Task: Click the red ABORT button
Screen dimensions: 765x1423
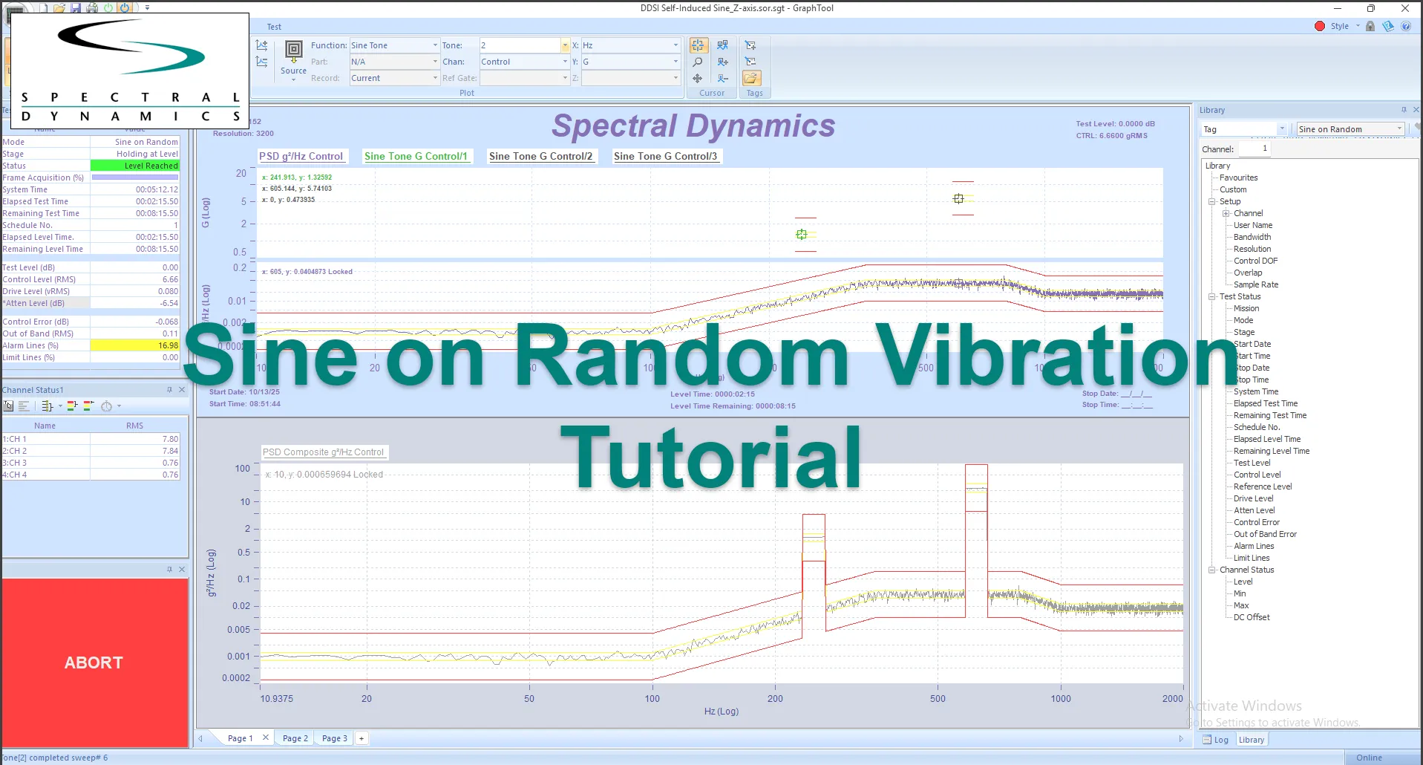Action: pyautogui.click(x=94, y=663)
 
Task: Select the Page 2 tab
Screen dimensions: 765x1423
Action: pyautogui.click(x=295, y=738)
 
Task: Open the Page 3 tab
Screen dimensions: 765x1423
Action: pyautogui.click(x=334, y=738)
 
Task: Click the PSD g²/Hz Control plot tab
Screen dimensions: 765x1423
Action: pyautogui.click(x=301, y=156)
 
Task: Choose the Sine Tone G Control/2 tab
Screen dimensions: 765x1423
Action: pyautogui.click(x=540, y=156)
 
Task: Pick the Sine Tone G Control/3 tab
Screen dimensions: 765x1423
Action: pyautogui.click(x=665, y=156)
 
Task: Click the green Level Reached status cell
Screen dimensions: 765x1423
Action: pyautogui.click(x=134, y=166)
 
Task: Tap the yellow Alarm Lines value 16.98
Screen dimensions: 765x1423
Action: pyautogui.click(x=134, y=345)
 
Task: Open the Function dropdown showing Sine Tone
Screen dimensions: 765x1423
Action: pyautogui.click(x=394, y=45)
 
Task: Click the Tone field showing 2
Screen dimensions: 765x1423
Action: pyautogui.click(x=520, y=45)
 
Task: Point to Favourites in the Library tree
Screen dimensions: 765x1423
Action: pyautogui.click(x=1238, y=178)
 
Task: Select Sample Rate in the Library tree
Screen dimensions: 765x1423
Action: pyautogui.click(x=1256, y=284)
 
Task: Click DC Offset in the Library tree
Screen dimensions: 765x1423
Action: pyautogui.click(x=1252, y=617)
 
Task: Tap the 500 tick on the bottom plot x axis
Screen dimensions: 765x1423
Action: pyautogui.click(x=938, y=698)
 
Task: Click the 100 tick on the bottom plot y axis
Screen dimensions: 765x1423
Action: pyautogui.click(x=243, y=469)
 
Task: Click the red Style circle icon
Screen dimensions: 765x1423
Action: pyautogui.click(x=1319, y=26)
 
